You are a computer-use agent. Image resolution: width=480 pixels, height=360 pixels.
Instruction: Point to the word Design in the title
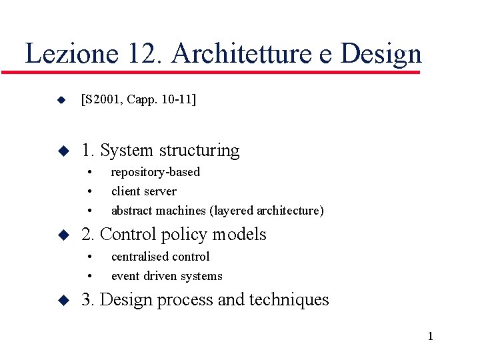[x=381, y=54]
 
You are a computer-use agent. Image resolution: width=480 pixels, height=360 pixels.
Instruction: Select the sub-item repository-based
[x=155, y=172]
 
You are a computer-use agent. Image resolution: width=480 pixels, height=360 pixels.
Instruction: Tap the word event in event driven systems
[x=125, y=276]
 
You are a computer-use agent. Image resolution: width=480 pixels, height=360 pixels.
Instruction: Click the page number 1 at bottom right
[x=430, y=336]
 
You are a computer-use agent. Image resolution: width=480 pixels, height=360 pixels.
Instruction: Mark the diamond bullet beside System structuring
[x=62, y=151]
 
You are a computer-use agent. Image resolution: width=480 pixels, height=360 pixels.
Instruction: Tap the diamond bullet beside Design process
[x=62, y=301]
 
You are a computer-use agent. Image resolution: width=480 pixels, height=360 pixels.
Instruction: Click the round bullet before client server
[x=89, y=192]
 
